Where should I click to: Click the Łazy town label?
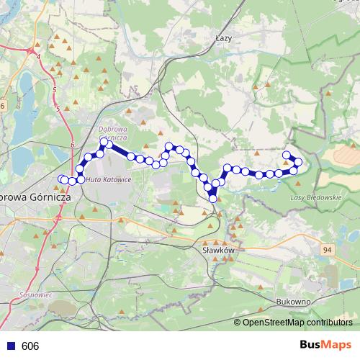[223, 41]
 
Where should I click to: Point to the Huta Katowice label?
[108, 180]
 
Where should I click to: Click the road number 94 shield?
[328, 249]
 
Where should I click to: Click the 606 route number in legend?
[30, 346]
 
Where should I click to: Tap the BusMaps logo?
[325, 345]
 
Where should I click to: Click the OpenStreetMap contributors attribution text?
[297, 323]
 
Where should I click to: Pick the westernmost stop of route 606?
[60, 178]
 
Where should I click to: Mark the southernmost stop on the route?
[213, 198]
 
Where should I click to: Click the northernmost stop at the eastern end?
[287, 155]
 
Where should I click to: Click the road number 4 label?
[39, 55]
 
